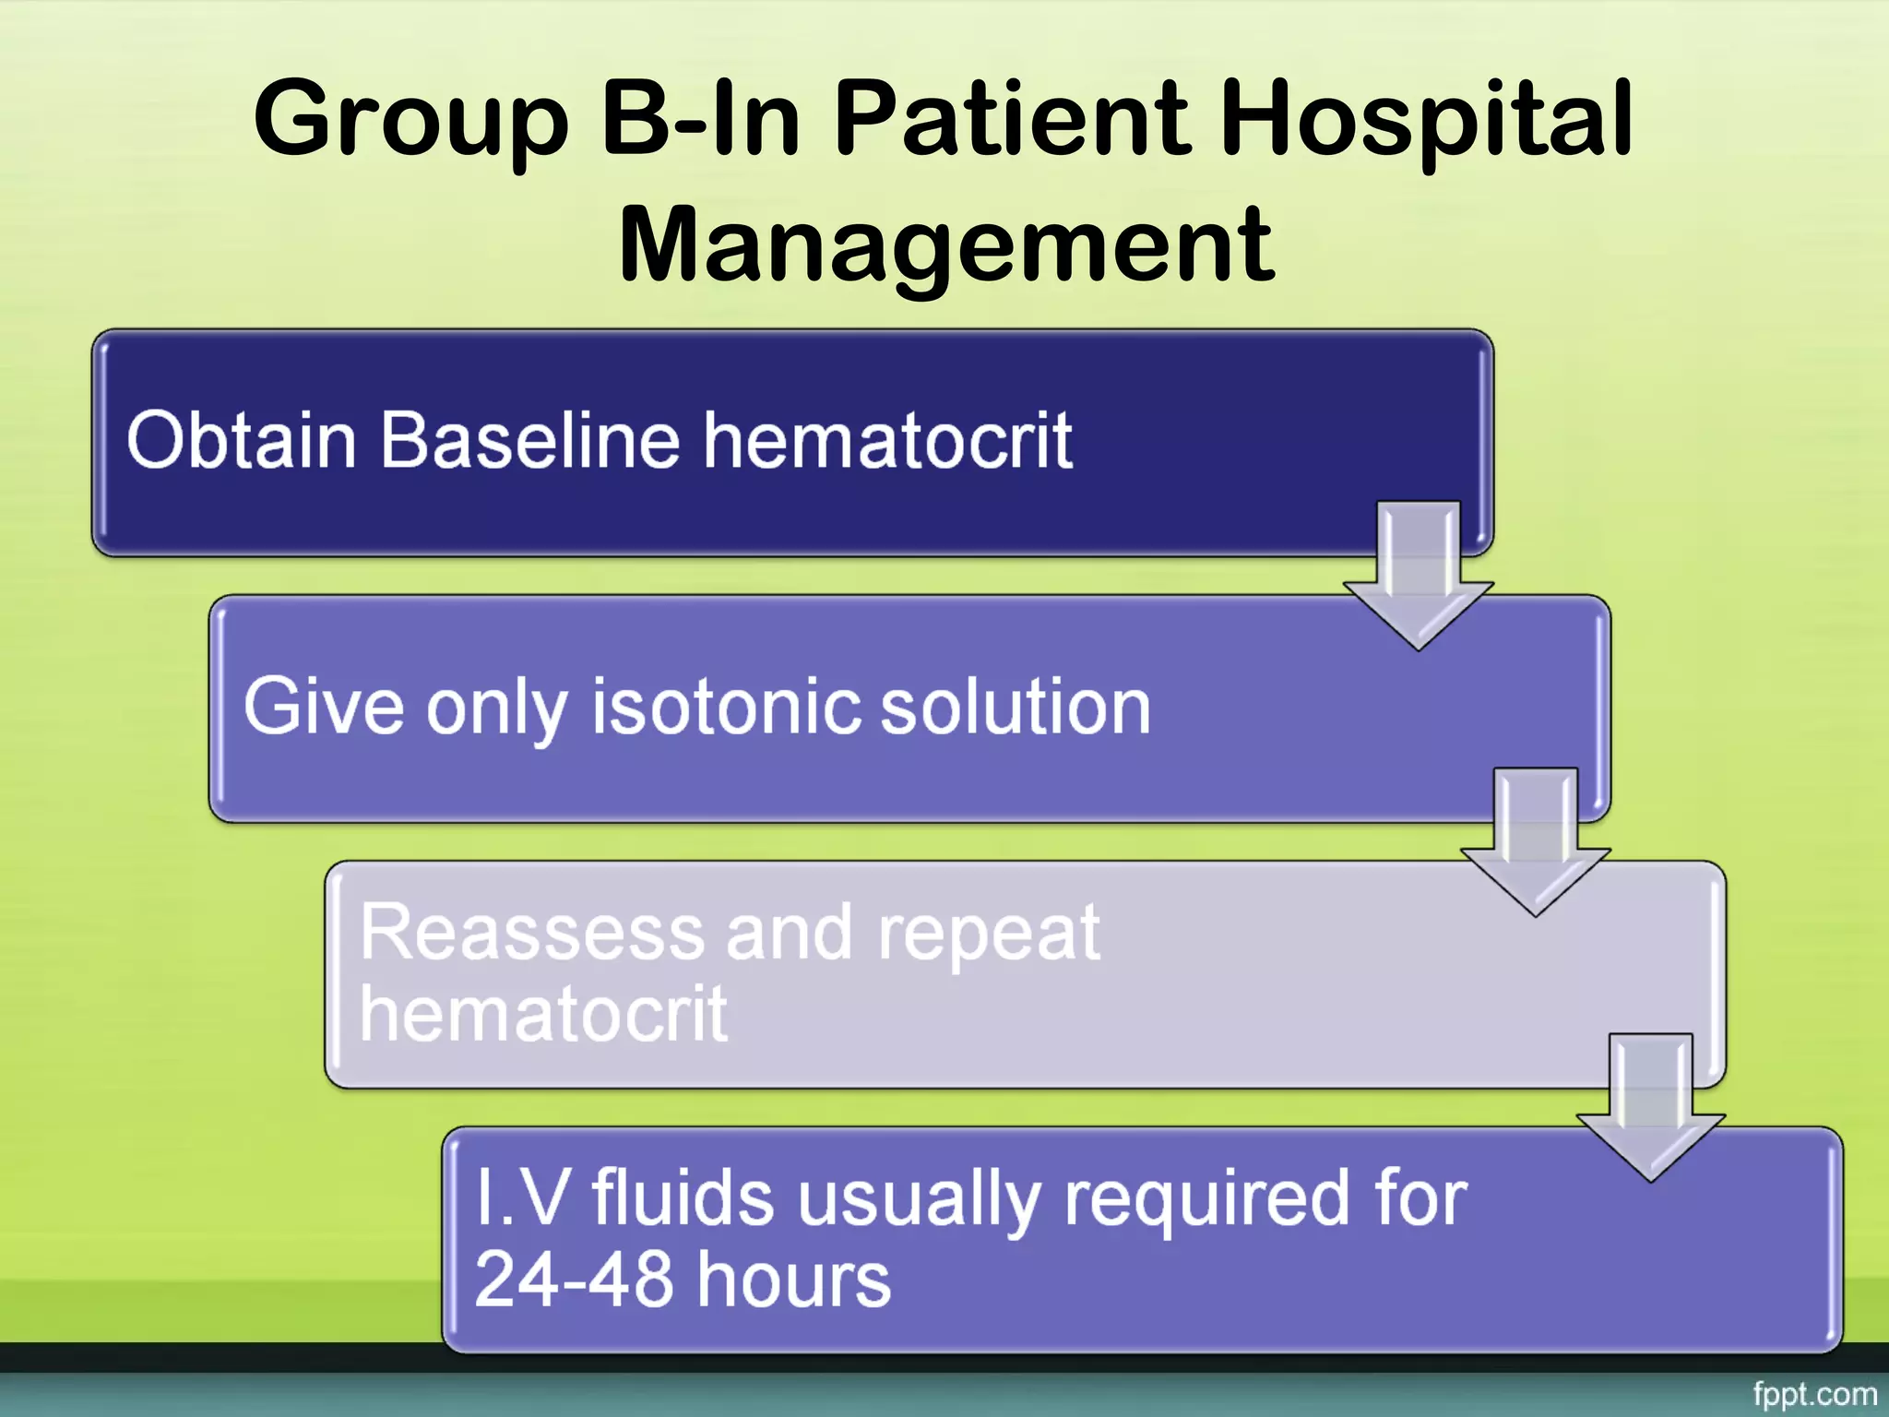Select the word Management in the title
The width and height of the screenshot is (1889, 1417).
[x=946, y=245]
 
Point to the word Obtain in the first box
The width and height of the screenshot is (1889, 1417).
[x=241, y=441]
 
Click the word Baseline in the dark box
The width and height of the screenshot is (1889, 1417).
[x=529, y=441]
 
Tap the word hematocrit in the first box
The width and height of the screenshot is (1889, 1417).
[x=887, y=441]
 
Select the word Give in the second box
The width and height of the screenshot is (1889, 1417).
[x=323, y=707]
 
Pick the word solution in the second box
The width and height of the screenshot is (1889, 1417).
[x=1016, y=707]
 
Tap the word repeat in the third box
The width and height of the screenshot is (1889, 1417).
[x=989, y=935]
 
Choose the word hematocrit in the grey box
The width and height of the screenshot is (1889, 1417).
[x=543, y=1014]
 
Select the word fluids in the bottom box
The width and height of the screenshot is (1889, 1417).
[x=682, y=1198]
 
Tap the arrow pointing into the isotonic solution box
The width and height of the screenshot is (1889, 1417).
[x=1418, y=581]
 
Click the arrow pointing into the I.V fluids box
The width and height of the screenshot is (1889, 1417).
[x=1650, y=1113]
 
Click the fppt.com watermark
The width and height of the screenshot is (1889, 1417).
[x=1814, y=1393]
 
